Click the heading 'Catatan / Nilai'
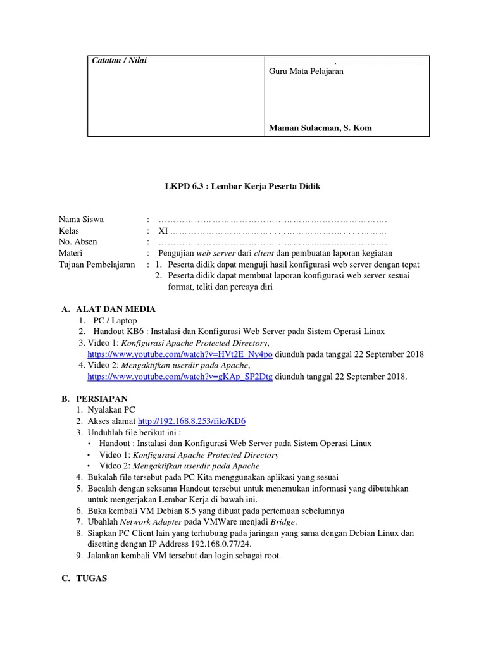click(120, 60)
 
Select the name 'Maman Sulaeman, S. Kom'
click(320, 128)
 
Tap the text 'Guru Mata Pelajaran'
click(306, 72)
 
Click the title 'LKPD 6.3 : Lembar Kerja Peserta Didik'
click(243, 187)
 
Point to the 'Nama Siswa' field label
click(81, 220)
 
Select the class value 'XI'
click(163, 231)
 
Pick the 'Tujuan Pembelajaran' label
click(96, 265)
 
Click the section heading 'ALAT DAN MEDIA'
click(115, 309)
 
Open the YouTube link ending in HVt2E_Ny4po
click(180, 354)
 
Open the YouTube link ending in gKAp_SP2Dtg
click(180, 377)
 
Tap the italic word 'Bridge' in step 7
click(282, 522)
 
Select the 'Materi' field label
click(71, 253)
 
